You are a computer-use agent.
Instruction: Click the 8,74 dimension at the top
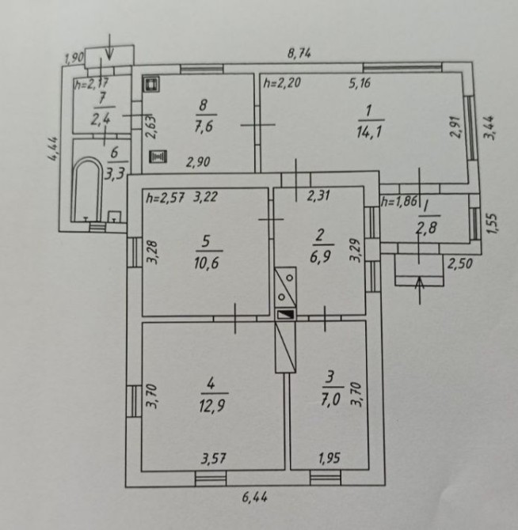pos(299,54)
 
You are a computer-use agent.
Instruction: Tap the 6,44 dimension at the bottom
pos(255,498)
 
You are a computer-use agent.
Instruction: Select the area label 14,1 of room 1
pos(369,131)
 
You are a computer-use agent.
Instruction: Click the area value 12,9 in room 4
pos(212,405)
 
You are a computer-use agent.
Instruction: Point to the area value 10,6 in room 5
pos(207,263)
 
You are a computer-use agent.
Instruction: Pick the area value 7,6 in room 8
pos(204,127)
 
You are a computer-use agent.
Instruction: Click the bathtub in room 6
pos(87,188)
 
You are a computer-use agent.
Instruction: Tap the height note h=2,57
pos(165,198)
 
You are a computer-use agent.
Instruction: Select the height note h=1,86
pos(399,203)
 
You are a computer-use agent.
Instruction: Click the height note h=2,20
pos(282,83)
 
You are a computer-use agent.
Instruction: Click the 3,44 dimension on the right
pos(489,127)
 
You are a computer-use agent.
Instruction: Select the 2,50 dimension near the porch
pos(460,263)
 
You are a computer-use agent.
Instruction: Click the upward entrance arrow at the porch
pos(420,290)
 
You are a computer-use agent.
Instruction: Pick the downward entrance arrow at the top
pos(109,47)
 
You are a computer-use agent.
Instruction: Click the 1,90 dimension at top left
pos(74,58)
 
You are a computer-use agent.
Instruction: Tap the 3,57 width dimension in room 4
pos(214,459)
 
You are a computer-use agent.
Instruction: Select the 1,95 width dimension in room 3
pos(329,458)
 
